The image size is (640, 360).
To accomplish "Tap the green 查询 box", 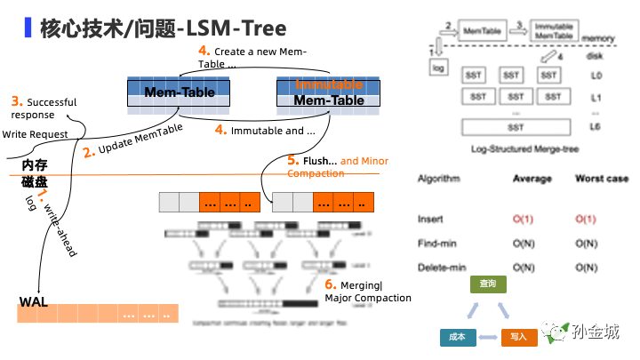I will point(488,284).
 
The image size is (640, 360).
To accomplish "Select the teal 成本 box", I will point(458,337).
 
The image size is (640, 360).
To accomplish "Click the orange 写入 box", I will point(518,337).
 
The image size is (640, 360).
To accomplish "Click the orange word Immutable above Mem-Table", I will point(330,84).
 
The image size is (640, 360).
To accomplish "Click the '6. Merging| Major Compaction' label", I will point(367,291).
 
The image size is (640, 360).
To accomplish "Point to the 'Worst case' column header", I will point(602,179).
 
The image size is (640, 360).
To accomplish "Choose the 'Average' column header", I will point(532,179).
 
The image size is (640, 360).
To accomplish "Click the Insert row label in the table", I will point(430,219).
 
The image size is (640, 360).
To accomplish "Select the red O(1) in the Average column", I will point(522,219).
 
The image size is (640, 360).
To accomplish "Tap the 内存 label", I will point(34,166).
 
